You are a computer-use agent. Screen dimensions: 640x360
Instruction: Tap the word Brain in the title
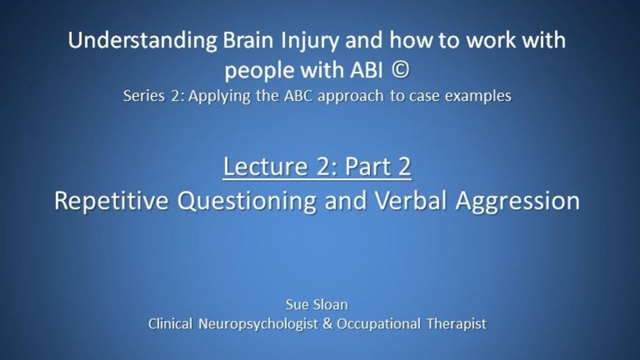[248, 40]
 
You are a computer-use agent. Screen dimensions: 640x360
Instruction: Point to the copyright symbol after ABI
[400, 70]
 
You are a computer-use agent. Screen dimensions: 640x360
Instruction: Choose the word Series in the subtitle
[144, 96]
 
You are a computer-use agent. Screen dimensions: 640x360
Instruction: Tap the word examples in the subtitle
[478, 96]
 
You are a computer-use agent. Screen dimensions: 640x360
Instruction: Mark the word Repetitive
[112, 201]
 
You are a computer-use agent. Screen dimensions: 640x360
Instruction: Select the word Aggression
[518, 202]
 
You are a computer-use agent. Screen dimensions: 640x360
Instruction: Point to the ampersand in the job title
[328, 324]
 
